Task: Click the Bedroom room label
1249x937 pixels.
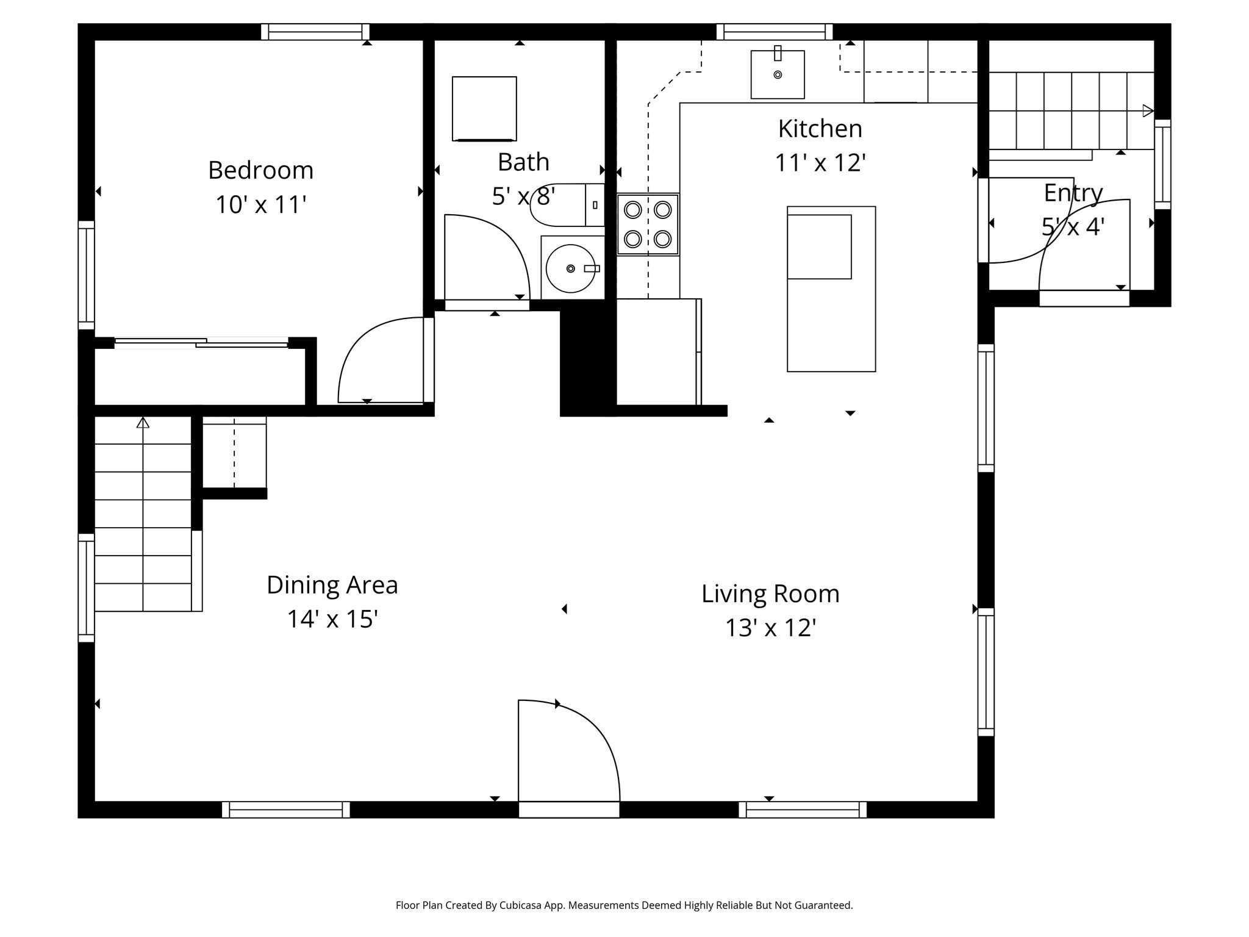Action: (x=260, y=170)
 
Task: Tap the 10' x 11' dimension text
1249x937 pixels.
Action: (x=260, y=204)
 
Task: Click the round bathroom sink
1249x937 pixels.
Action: (x=570, y=268)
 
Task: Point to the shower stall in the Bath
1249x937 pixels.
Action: (x=484, y=109)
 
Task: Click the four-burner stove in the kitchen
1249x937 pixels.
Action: (x=648, y=224)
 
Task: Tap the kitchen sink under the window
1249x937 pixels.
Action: (x=777, y=74)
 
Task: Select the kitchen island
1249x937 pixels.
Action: (x=831, y=289)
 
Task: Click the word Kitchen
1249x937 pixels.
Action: (x=820, y=129)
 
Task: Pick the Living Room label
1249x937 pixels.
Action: (x=770, y=594)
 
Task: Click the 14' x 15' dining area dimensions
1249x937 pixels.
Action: (x=332, y=619)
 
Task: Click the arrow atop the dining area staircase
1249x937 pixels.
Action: (x=143, y=422)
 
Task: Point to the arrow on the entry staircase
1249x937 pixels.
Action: (x=1148, y=111)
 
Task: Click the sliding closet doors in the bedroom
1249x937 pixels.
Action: (x=201, y=342)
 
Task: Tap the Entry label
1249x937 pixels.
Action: (x=1073, y=193)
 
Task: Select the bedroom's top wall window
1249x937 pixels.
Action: (x=315, y=32)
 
